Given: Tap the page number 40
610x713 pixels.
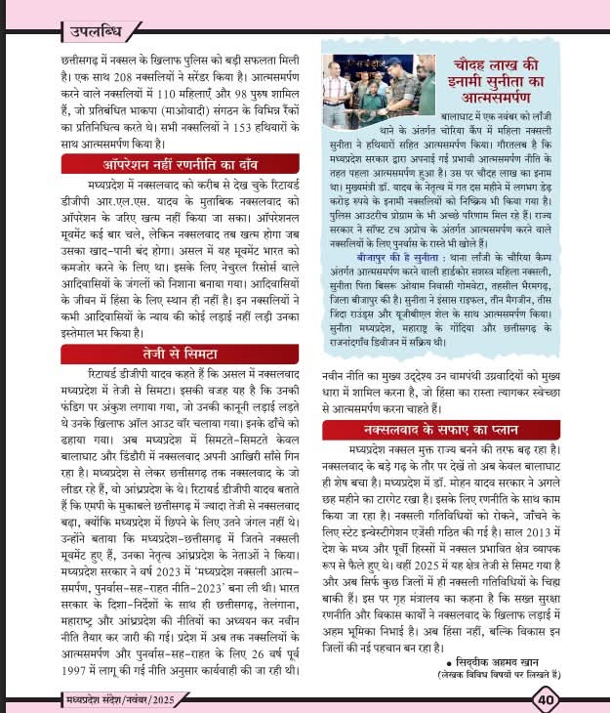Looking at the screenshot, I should [544, 697].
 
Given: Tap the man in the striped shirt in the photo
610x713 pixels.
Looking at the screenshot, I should [339, 91].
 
